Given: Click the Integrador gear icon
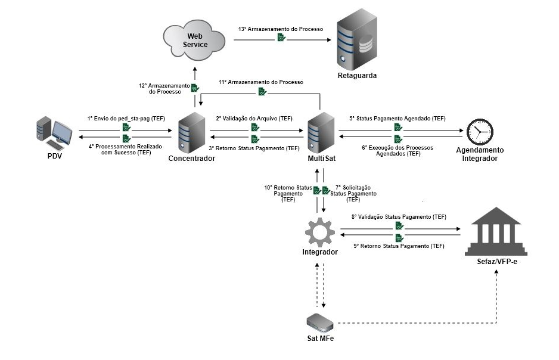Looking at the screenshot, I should click(319, 232).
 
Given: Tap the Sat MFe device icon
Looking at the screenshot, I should click(321, 322).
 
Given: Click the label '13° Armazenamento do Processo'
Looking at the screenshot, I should click(280, 29).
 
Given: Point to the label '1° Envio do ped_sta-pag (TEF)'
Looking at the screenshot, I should click(126, 119).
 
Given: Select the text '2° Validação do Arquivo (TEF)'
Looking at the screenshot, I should click(254, 119).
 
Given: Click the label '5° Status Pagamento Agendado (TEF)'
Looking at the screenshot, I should click(397, 119).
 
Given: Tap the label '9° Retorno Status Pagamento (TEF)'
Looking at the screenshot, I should click(399, 246).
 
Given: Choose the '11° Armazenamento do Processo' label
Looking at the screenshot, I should click(261, 82).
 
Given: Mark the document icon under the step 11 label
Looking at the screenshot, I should click(262, 91).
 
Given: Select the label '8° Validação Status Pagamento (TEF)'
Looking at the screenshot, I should click(399, 217).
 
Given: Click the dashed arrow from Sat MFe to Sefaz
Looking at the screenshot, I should click(417, 323).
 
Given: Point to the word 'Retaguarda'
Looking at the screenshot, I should click(358, 76).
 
